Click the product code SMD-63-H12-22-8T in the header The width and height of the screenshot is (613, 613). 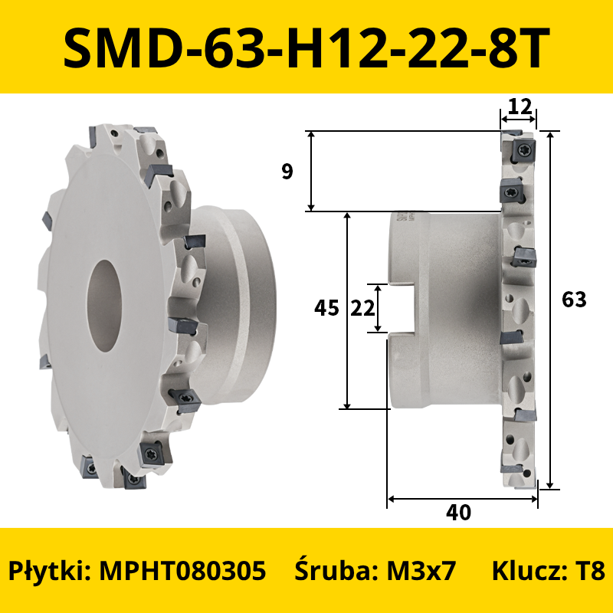point(306,47)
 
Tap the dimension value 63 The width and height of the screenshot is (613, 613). point(574,300)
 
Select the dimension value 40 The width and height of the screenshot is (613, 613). point(458,512)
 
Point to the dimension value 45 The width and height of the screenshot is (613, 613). point(326,308)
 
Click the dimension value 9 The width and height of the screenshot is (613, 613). point(287,171)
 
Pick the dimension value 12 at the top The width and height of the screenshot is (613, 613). point(520,107)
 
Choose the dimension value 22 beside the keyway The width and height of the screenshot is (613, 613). point(362,308)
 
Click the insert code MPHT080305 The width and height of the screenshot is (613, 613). point(182,570)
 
